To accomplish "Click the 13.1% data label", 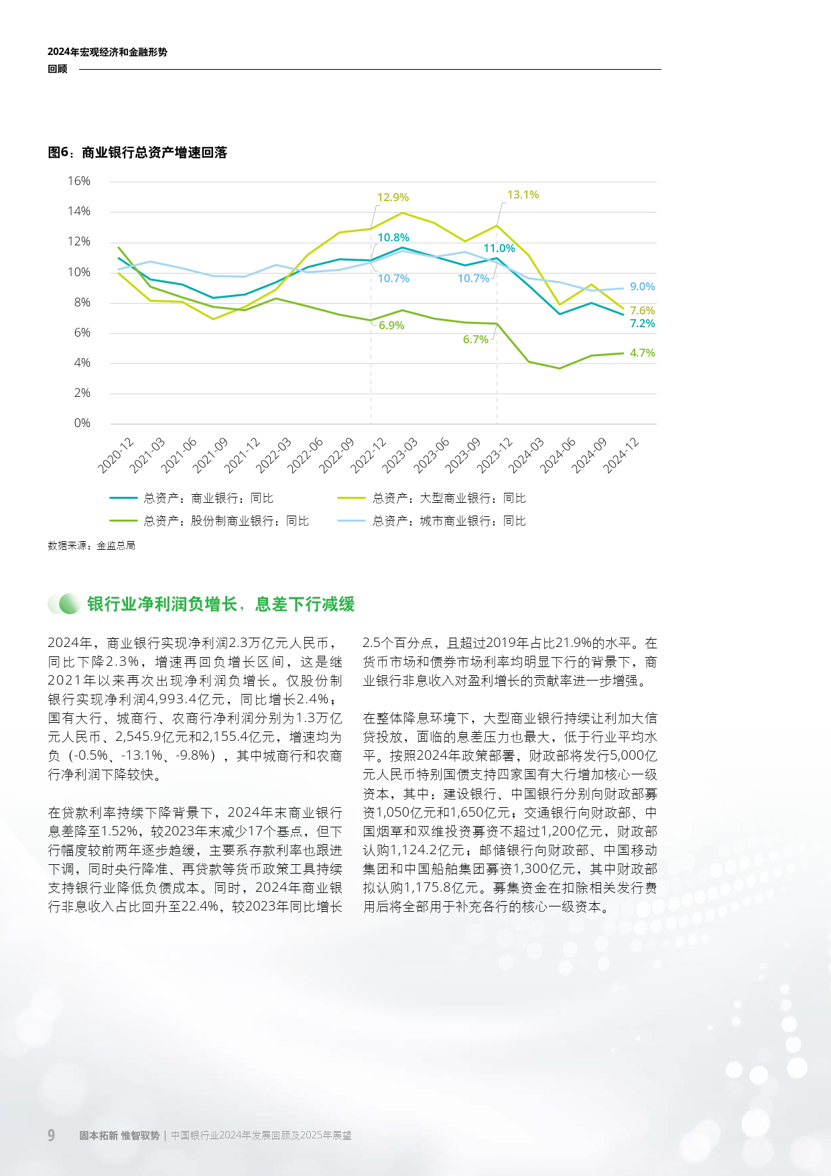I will [523, 194].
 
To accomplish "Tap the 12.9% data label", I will [393, 197].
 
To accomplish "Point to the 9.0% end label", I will [642, 286].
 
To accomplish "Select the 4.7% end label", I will [642, 353].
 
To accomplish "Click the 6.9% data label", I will [391, 325].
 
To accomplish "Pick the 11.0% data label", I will [499, 248].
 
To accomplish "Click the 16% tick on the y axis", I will [79, 181].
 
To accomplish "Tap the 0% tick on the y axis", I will [82, 423].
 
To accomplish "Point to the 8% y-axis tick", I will [82, 302].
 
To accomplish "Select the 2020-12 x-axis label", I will [116, 455].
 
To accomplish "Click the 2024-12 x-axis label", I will [621, 455].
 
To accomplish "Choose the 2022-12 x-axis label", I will [369, 455].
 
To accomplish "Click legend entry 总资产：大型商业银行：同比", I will [449, 498].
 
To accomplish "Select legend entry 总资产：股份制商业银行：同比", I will [226, 521].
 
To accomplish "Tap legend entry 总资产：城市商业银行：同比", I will [449, 521].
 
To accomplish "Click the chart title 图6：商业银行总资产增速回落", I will [137, 153].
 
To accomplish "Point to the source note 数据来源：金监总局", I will [91, 546].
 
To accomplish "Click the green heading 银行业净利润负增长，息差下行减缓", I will [220, 604].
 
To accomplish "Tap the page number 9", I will [52, 1135].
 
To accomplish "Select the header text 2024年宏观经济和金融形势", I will [107, 52].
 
